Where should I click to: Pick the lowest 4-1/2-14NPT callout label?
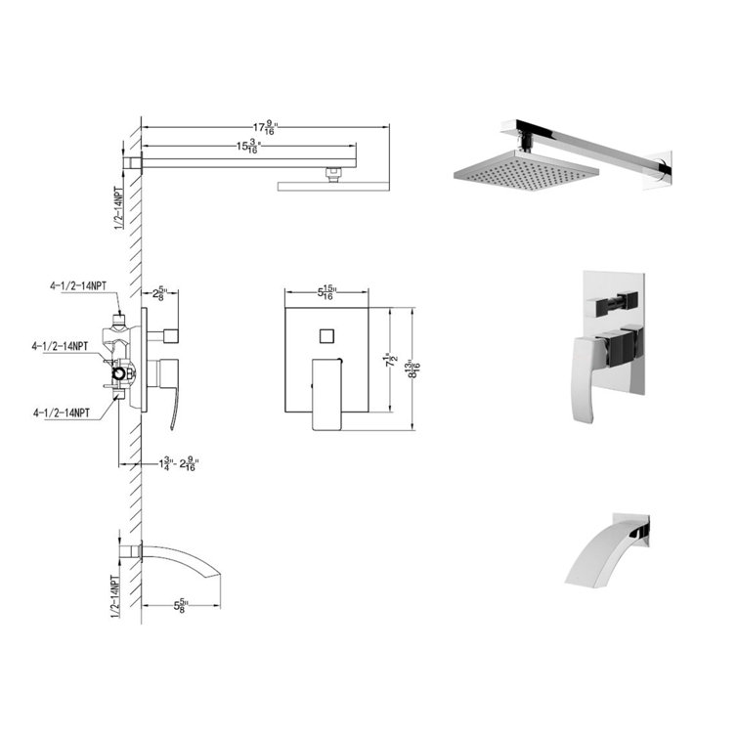tap(69, 412)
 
